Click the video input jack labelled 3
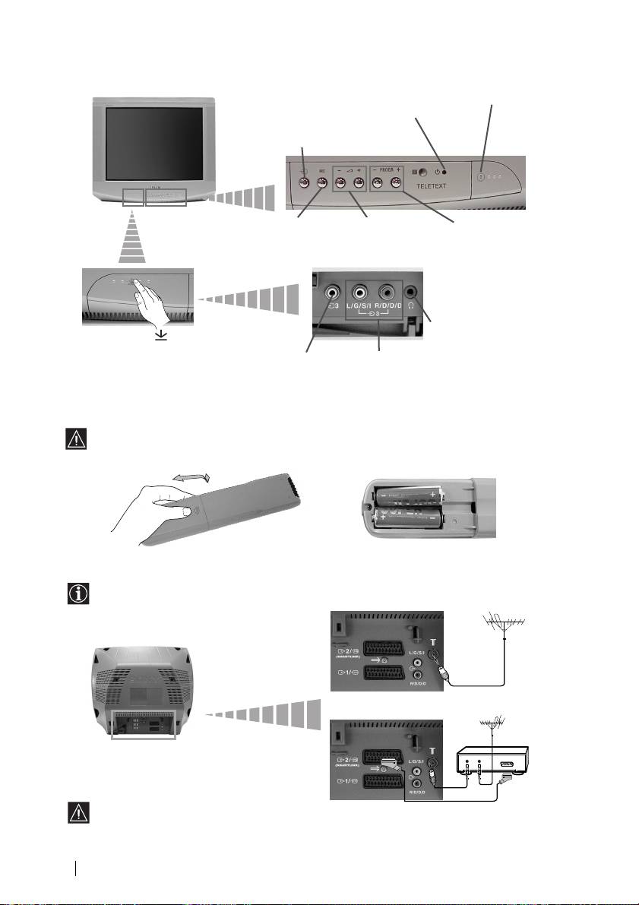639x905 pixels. pos(331,291)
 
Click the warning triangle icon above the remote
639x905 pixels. pos(77,438)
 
